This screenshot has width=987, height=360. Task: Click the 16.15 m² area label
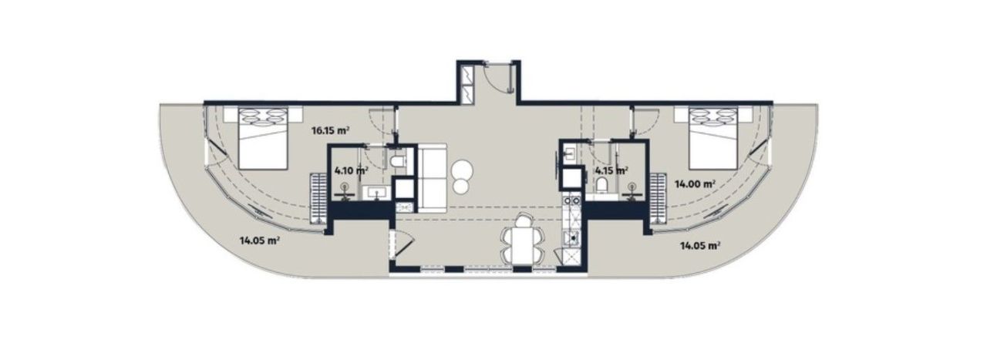(x=331, y=130)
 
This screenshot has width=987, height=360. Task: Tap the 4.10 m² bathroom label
(x=350, y=171)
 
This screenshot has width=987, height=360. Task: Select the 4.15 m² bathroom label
(x=611, y=170)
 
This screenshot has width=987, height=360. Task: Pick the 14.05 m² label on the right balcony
(x=700, y=246)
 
